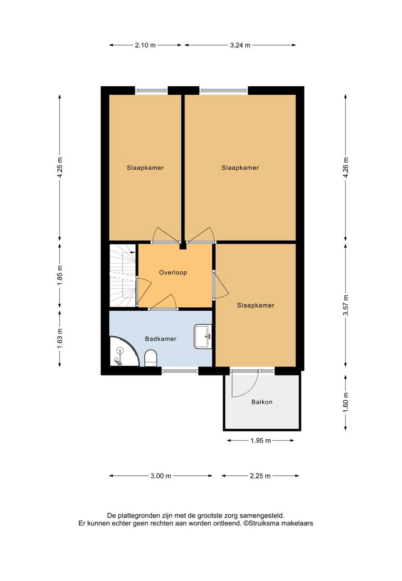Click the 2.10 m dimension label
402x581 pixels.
click(x=145, y=45)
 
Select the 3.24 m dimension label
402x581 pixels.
click(x=240, y=45)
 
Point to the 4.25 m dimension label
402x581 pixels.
click(x=60, y=167)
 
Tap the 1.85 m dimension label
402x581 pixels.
click(x=60, y=274)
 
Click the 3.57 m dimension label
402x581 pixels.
click(x=346, y=305)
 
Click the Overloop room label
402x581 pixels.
click(x=173, y=273)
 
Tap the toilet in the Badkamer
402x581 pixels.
click(x=151, y=358)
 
